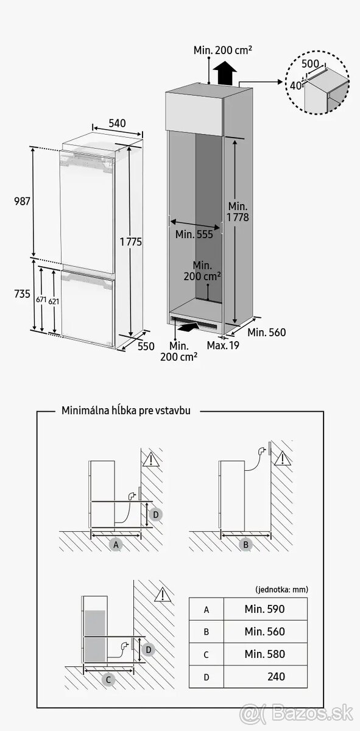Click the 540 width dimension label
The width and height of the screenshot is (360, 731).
pos(117,123)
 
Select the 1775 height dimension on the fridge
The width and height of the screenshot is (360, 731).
pos(131,242)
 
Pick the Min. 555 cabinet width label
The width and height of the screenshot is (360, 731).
pos(194,235)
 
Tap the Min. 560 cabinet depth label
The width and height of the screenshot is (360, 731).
pos(267,333)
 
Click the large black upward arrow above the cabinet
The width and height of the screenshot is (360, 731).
pos(226,75)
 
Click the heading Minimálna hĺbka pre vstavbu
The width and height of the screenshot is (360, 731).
pos(126,411)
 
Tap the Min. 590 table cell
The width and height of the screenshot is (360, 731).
pos(265,609)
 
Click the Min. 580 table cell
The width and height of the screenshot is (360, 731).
pos(265,654)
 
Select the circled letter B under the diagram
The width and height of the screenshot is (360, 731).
pos(246,545)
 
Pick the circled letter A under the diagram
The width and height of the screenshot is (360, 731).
pos(116,545)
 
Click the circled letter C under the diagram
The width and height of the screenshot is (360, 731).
pos(108,679)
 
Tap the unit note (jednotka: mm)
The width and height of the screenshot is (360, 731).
pos(281,589)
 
